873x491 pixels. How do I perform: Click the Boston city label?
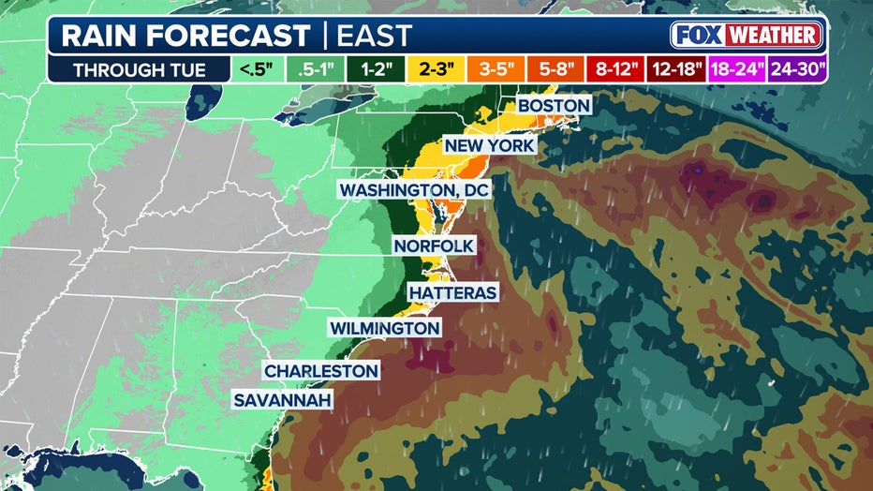click(554, 105)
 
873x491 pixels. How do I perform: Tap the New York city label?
click(489, 146)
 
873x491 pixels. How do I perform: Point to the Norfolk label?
click(434, 245)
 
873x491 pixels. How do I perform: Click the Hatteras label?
click(451, 292)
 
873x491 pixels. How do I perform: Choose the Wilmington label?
click(384, 328)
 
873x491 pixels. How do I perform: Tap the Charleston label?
click(321, 371)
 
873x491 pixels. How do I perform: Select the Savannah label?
click(284, 401)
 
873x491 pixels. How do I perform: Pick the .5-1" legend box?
click(317, 70)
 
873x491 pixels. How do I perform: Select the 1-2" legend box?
click(377, 70)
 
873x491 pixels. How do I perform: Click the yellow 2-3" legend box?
click(437, 70)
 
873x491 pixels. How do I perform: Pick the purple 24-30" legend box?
click(796, 70)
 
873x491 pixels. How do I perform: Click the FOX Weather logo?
click(747, 36)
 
